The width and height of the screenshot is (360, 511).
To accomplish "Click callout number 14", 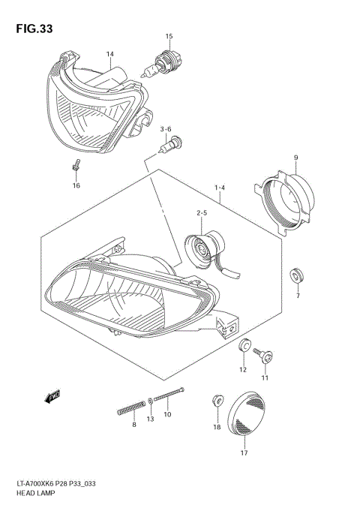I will (x=109, y=54).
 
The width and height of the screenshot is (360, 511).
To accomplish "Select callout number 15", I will (x=169, y=36).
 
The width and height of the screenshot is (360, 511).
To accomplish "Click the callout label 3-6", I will (x=166, y=129).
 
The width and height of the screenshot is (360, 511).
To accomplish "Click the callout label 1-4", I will (x=220, y=186).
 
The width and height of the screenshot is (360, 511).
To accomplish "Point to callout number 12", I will (x=243, y=370).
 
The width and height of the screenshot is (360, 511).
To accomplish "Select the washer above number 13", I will (x=151, y=401).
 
